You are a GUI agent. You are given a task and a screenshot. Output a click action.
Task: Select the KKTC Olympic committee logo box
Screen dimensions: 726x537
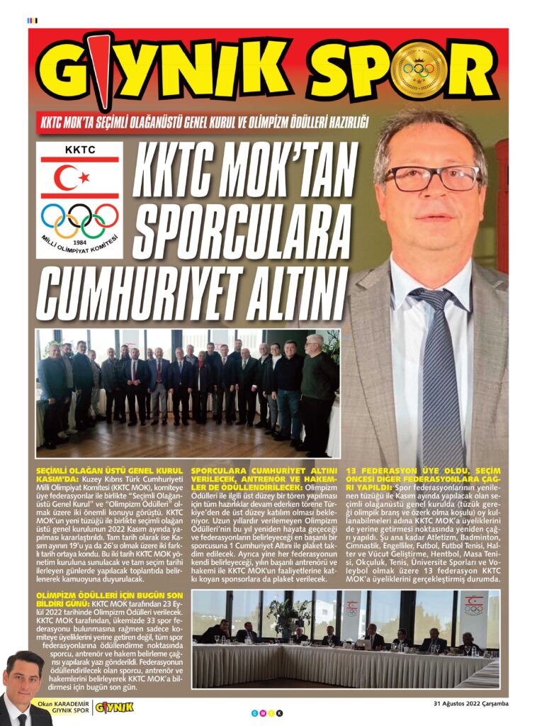pos(79,200)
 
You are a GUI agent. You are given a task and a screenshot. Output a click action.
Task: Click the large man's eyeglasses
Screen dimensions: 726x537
pos(432,178)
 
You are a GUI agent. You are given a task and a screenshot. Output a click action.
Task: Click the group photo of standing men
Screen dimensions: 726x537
pos(188,393)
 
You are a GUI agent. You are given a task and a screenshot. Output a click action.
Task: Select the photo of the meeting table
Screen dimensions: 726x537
pos(346,638)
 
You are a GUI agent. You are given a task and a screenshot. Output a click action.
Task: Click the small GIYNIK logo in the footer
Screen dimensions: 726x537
pos(113,707)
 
